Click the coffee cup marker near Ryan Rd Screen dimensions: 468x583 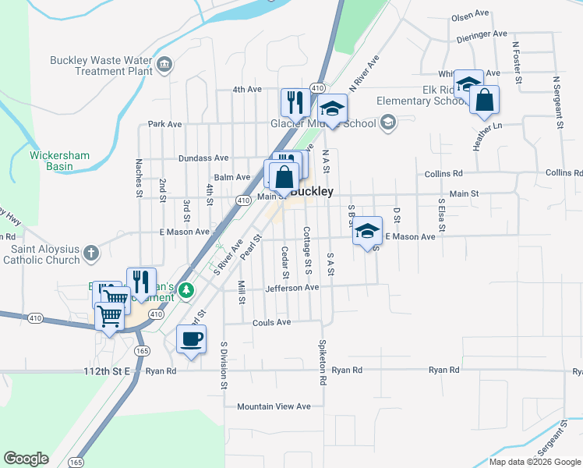click(192, 339)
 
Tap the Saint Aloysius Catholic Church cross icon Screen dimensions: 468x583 click(91, 253)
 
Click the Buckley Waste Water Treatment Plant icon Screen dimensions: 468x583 click(164, 64)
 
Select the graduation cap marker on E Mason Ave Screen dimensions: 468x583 click(368, 231)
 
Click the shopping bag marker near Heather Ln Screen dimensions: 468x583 click(485, 100)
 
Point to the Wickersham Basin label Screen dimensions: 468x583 click(60, 160)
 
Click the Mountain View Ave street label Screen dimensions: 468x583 click(274, 406)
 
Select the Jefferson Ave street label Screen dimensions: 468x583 click(292, 288)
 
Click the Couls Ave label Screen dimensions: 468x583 click(271, 322)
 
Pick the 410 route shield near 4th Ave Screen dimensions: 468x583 click(316, 88)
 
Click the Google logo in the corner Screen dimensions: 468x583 click(26, 459)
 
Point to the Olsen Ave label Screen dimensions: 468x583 click(468, 16)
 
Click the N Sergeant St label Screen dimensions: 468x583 click(558, 101)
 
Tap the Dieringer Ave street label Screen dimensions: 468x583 click(482, 34)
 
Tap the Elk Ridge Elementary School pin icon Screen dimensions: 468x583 click(388, 122)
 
